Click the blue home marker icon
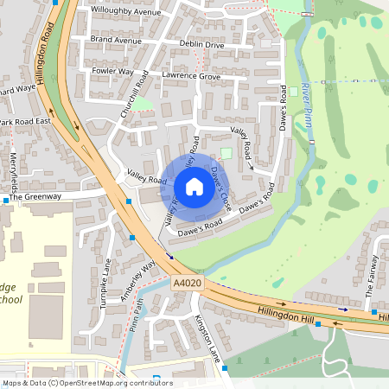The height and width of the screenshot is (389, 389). (x=194, y=186)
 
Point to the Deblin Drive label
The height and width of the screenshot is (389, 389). (x=201, y=44)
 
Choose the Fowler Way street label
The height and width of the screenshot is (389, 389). (x=113, y=72)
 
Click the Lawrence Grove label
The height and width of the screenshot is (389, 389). (x=191, y=76)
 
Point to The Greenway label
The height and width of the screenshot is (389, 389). (x=35, y=197)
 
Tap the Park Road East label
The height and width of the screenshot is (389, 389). (x=25, y=123)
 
